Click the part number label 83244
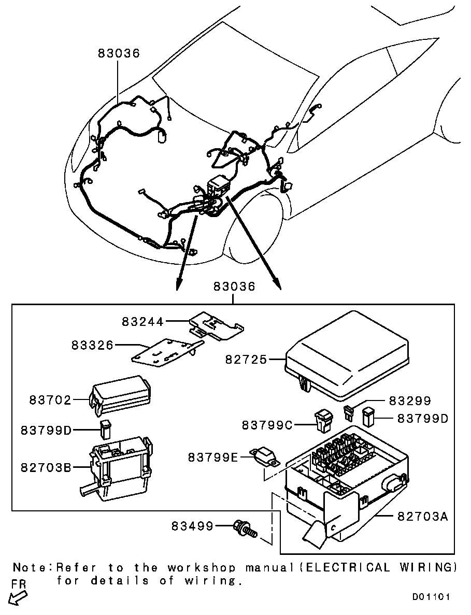142,322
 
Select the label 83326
92,345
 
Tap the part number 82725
246,359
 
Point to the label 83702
50,400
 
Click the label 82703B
46,467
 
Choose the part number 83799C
267,425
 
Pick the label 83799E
213,457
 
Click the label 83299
410,401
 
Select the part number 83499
192,526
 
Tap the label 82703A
423,516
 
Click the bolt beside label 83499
246,528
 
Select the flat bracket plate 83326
167,353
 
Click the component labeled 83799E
265,457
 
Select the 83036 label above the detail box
234,287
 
